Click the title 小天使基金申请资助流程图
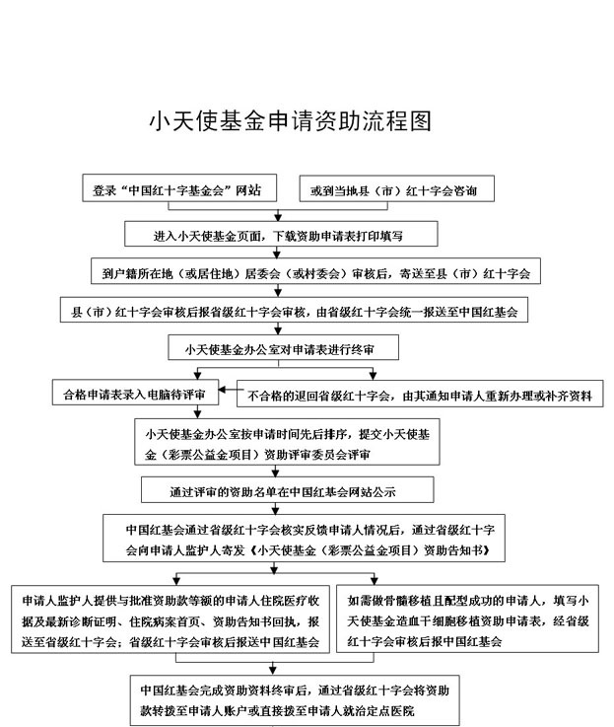click(290, 121)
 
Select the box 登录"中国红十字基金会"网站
click(177, 189)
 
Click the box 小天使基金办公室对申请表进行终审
click(286, 348)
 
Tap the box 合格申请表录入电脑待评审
click(135, 395)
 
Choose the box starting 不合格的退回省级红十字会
click(420, 397)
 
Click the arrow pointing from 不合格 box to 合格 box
click(229, 395)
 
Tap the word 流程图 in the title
click(402, 121)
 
